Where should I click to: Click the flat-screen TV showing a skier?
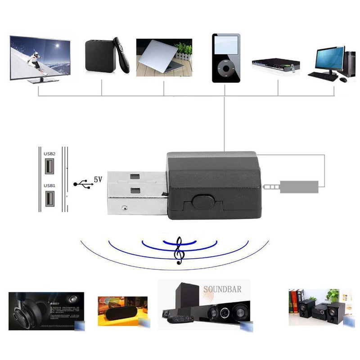[40, 58]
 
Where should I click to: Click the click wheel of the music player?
[224, 70]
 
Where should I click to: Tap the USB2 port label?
[49, 153]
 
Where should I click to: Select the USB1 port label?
[49, 185]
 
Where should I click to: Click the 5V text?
[98, 179]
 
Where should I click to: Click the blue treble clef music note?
[180, 250]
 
